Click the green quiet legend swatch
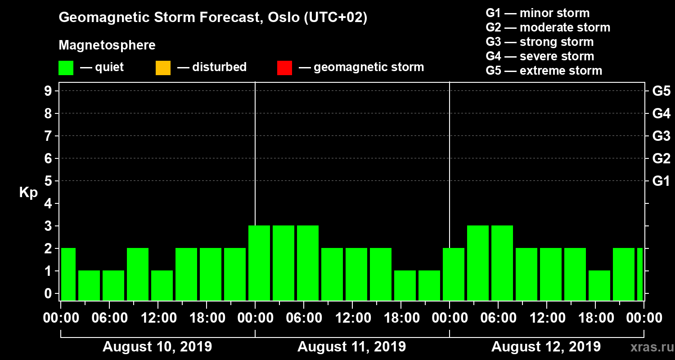tap(66, 68)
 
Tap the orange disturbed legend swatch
tap(163, 68)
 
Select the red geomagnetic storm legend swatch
tap(284, 68)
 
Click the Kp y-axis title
tap(28, 193)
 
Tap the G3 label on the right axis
tap(661, 136)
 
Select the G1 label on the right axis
tap(661, 181)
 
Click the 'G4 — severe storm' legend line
tap(540, 56)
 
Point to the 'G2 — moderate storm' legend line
tap(548, 27)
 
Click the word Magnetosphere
tap(107, 45)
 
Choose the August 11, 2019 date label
tap(351, 347)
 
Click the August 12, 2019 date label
tap(545, 347)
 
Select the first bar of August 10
tap(68, 274)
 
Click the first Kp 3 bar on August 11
tap(259, 263)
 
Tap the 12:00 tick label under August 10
tap(158, 318)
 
